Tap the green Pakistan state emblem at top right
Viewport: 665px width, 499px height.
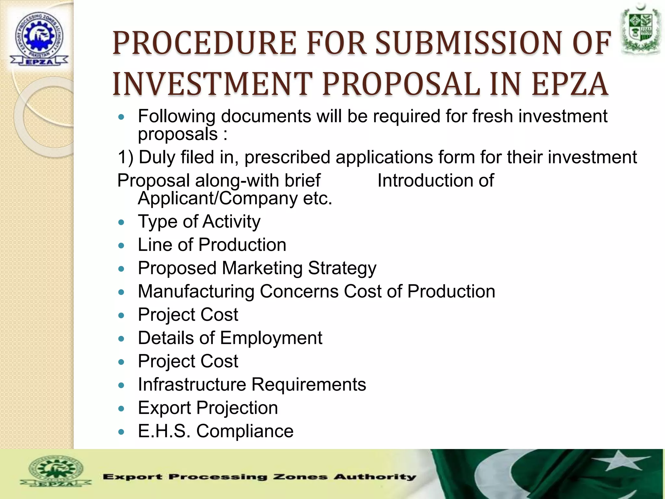(641, 31)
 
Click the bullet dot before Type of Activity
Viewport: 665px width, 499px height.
(121, 223)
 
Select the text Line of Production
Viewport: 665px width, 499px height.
(212, 245)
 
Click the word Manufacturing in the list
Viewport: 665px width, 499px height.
(196, 291)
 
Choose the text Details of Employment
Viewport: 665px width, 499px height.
(230, 338)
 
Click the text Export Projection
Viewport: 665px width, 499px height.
(208, 408)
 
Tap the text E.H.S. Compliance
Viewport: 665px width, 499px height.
(216, 431)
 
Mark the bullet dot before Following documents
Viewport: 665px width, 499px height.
(121, 117)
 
